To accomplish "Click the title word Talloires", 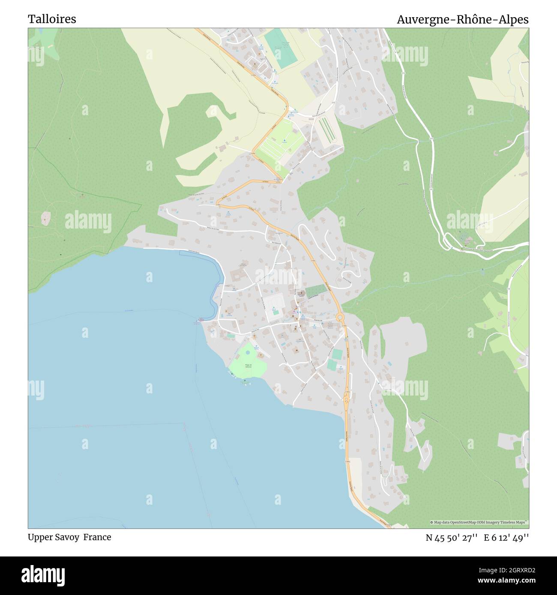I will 52,19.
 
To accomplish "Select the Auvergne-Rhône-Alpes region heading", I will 462,20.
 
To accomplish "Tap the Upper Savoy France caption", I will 69,537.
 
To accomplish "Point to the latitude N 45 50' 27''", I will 452,538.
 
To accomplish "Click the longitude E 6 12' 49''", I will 506,538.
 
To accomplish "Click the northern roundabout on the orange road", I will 340,317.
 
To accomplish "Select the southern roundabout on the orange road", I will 346,399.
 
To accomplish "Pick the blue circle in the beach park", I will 248,352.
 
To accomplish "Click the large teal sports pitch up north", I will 278,48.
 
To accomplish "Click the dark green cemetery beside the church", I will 315,291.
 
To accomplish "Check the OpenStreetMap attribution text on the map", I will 479,522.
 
